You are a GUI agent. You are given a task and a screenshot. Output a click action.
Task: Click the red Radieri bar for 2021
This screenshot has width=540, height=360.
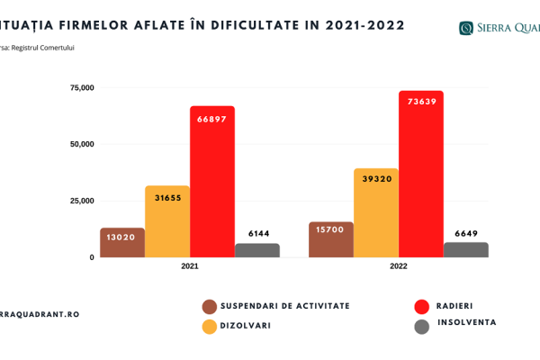(211, 184)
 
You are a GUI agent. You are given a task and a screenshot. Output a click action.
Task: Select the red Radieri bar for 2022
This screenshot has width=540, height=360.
(421, 175)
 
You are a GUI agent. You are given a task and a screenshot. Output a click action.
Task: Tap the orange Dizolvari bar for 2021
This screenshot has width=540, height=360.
(167, 225)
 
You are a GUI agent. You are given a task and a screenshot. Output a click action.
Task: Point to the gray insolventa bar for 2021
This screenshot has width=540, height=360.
(257, 250)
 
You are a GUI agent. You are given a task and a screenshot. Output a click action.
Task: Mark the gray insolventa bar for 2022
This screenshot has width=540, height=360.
(466, 249)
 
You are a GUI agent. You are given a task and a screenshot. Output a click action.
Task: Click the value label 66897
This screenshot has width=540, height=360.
(212, 121)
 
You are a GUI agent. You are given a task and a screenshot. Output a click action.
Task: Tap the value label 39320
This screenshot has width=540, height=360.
(376, 178)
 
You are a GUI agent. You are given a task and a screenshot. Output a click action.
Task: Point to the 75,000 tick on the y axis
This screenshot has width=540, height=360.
(82, 87)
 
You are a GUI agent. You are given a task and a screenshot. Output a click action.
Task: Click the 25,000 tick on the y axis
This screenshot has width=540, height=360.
(82, 201)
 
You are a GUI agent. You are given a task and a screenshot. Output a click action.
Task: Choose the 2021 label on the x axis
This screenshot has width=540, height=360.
(190, 266)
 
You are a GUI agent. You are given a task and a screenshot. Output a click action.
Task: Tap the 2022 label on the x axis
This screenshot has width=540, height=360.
(399, 266)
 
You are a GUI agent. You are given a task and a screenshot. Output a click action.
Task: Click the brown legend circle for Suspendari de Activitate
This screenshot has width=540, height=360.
(210, 306)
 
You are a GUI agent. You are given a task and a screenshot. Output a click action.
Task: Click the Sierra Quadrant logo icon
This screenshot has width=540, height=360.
(466, 28)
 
